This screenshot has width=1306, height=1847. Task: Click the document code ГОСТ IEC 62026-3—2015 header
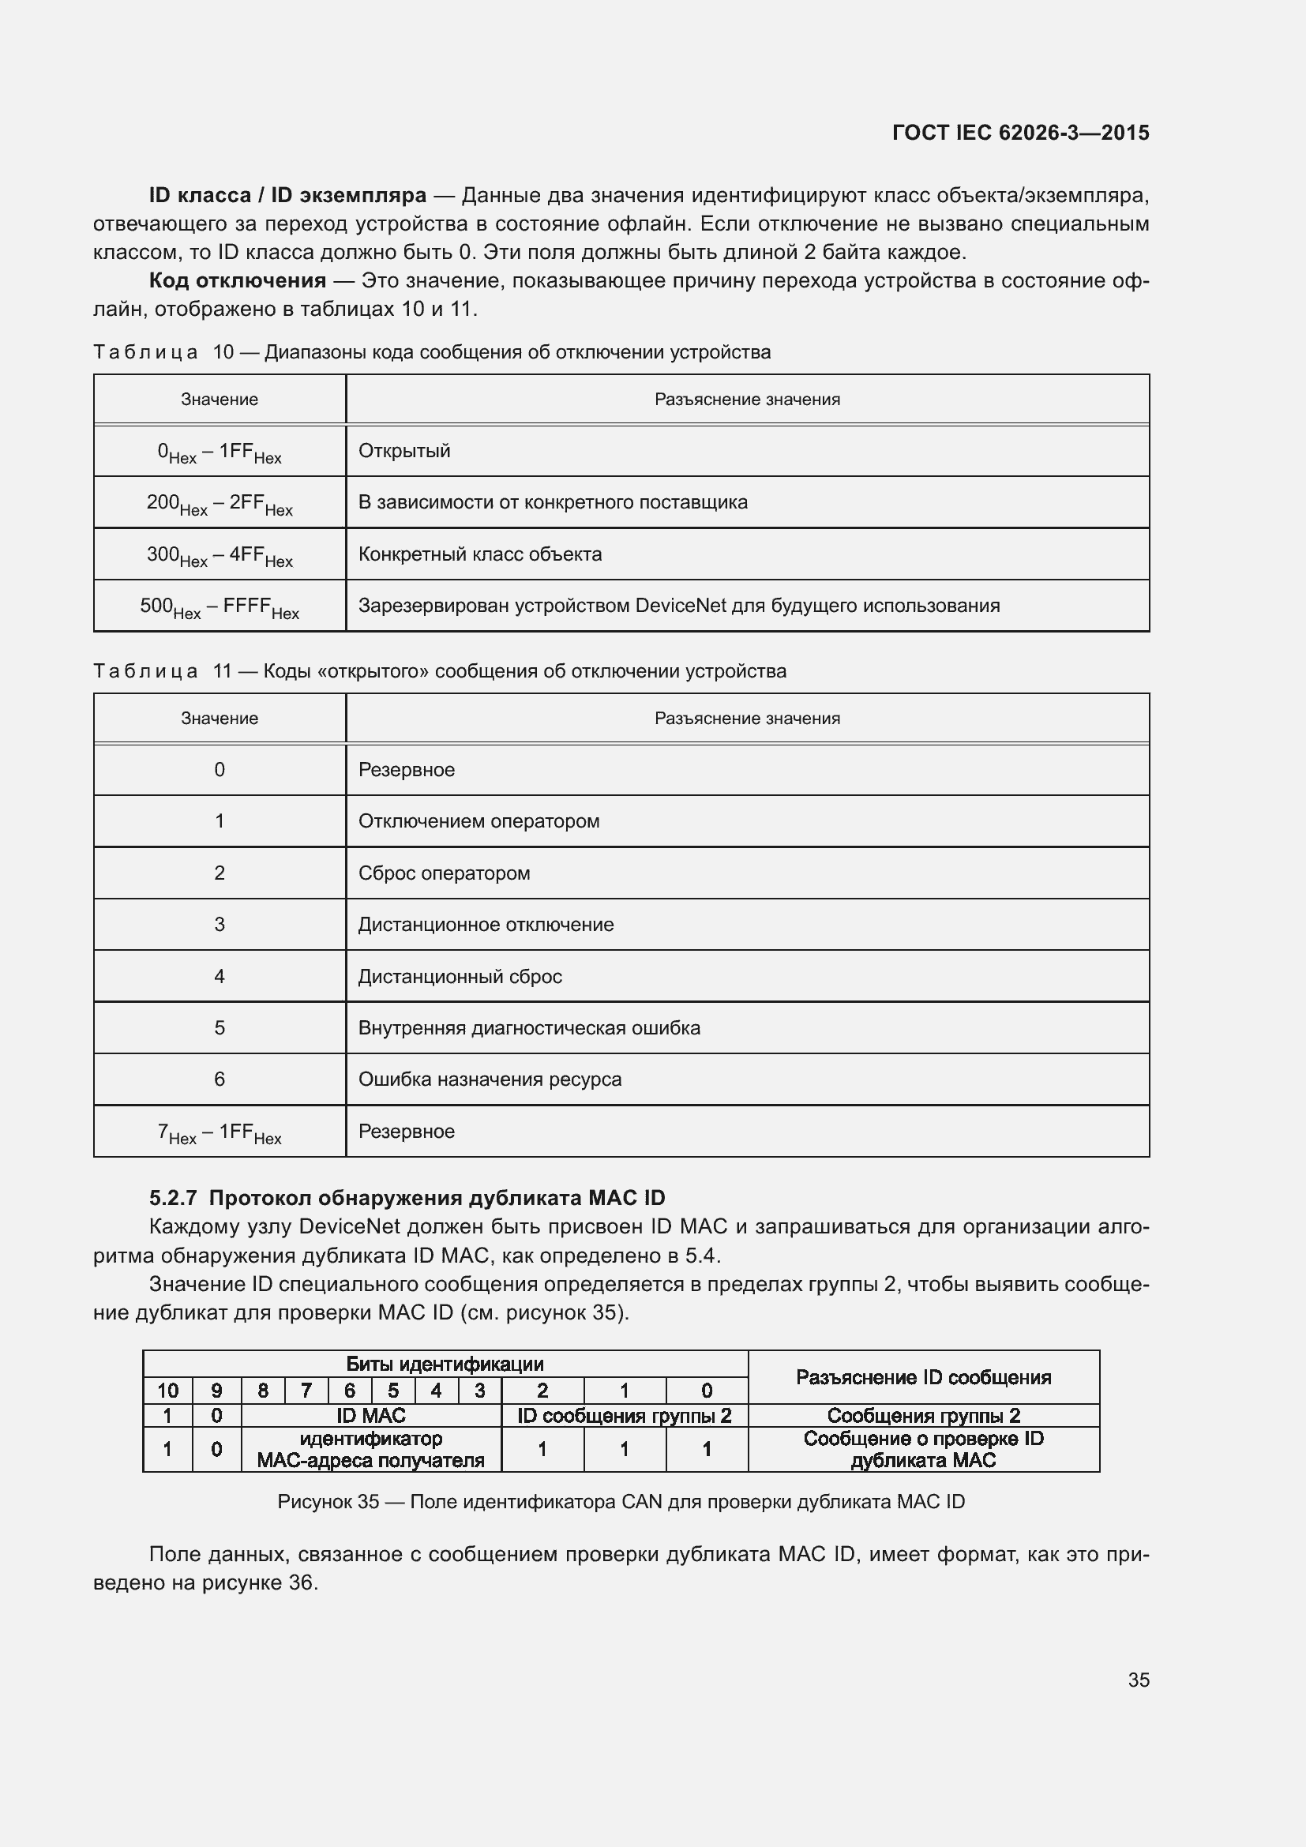click(x=1019, y=133)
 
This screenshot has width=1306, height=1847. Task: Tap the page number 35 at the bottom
click(x=1138, y=1680)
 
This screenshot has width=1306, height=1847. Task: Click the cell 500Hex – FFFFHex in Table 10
click(x=219, y=606)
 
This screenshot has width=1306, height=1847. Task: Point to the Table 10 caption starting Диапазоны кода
click(x=516, y=352)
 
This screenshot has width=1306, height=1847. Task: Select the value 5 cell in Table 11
click(x=219, y=1028)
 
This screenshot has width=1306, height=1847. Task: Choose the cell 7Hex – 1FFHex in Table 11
click(x=219, y=1132)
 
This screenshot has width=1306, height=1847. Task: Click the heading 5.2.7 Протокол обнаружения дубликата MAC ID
click(x=407, y=1198)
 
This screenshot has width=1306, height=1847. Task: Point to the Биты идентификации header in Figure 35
click(x=445, y=1364)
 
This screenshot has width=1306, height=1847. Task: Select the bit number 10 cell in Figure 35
click(x=167, y=1391)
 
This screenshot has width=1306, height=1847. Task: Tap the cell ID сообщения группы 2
click(x=624, y=1416)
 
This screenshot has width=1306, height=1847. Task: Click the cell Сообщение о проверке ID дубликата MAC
click(x=923, y=1450)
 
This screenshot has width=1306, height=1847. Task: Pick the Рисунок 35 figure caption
click(x=620, y=1502)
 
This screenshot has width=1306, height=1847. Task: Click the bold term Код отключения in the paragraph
click(x=237, y=281)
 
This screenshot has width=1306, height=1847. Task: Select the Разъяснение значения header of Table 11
click(x=746, y=719)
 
